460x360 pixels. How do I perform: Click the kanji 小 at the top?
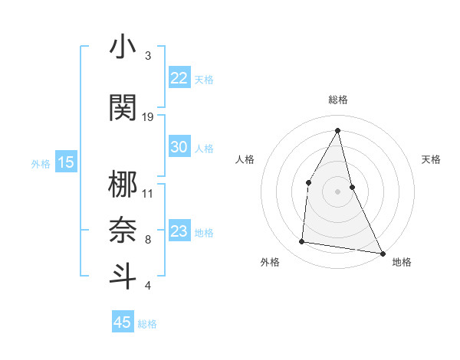[123, 47]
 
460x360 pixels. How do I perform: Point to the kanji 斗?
[123, 275]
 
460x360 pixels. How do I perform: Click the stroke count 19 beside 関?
[148, 117]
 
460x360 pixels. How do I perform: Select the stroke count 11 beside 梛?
[148, 193]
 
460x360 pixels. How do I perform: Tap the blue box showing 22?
[179, 78]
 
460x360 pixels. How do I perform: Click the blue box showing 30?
[179, 147]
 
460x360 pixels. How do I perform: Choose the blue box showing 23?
[179, 231]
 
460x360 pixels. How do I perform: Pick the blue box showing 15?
[66, 162]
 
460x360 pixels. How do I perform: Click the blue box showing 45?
[123, 322]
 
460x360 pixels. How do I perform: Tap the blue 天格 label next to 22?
[204, 79]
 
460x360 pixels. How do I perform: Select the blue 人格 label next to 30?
[204, 148]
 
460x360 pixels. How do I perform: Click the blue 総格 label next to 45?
[147, 324]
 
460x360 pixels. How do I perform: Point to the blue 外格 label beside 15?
[41, 163]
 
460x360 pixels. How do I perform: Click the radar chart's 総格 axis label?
[337, 100]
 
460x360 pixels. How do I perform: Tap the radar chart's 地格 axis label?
[402, 262]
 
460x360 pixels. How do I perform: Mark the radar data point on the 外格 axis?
[302, 242]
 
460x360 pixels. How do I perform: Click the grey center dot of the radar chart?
[337, 191]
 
